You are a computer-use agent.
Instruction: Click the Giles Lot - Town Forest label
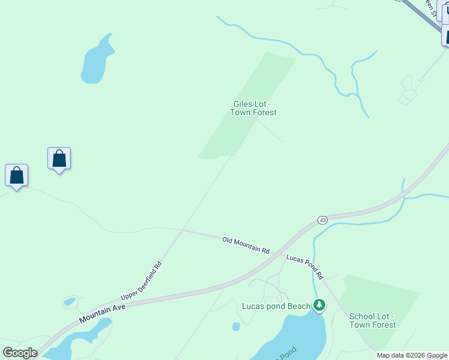pyautogui.click(x=254, y=108)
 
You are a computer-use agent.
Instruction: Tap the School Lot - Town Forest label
pyautogui.click(x=372, y=320)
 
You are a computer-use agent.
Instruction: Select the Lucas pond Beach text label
pyautogui.click(x=276, y=306)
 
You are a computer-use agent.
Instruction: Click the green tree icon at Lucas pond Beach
pyautogui.click(x=319, y=306)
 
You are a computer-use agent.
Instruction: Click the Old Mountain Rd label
pyautogui.click(x=246, y=245)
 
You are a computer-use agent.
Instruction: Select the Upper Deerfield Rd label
pyautogui.click(x=142, y=280)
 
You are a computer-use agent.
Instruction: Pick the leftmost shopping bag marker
pyautogui.click(x=17, y=176)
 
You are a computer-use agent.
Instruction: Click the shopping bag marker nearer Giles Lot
pyautogui.click(x=59, y=159)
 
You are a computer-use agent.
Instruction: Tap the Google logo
pyautogui.click(x=20, y=352)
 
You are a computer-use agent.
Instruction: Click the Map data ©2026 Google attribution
pyautogui.click(x=412, y=355)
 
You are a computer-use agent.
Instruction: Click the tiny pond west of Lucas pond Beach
pyautogui.click(x=236, y=327)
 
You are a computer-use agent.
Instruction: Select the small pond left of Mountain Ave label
pyautogui.click(x=70, y=301)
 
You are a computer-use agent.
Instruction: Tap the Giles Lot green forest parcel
pyautogui.click(x=240, y=120)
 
